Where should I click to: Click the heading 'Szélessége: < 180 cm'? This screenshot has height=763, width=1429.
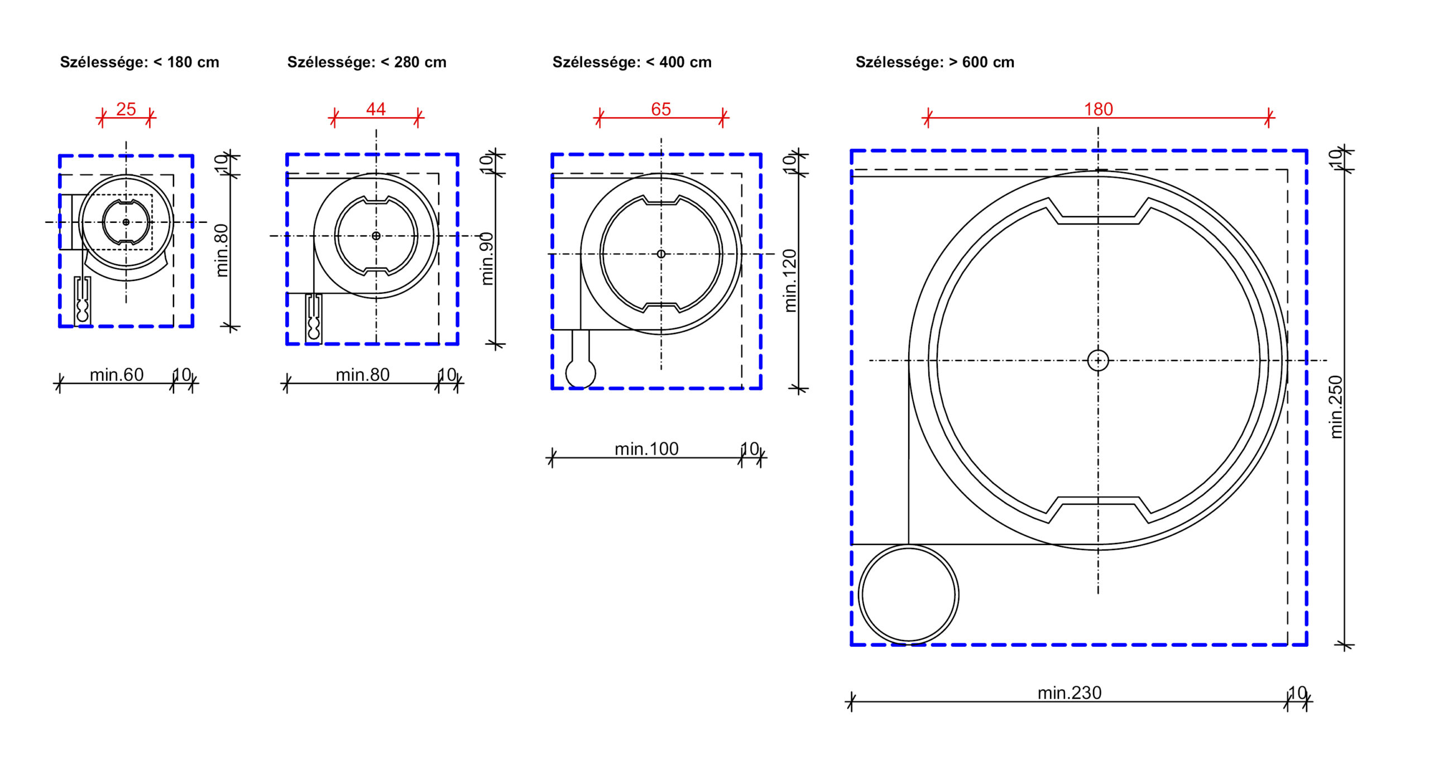pos(140,63)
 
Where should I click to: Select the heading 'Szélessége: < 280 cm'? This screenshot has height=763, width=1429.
pos(367,63)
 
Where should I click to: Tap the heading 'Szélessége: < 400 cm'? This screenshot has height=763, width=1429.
pos(632,63)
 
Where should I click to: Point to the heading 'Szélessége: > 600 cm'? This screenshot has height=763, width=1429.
pos(935,63)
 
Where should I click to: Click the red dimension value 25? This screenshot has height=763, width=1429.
pos(126,109)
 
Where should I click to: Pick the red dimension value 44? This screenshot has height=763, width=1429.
pos(376,109)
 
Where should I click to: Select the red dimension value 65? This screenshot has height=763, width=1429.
pos(661,109)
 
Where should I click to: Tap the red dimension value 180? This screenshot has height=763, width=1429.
pos(1098,109)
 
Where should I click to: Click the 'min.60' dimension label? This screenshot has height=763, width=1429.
pos(117,374)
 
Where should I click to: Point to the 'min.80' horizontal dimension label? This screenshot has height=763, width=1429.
pos(362,374)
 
